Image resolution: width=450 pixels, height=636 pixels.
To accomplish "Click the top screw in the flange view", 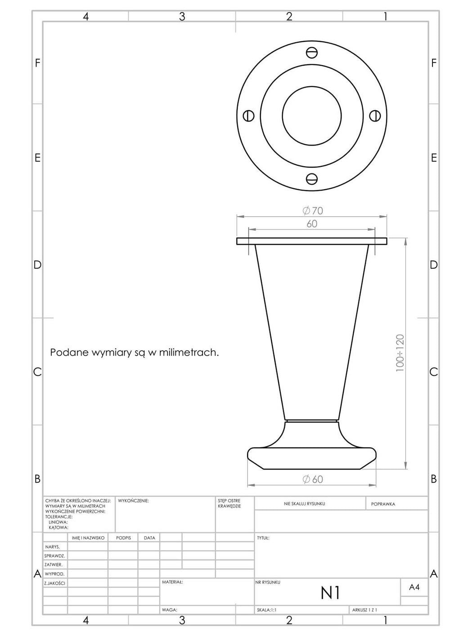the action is click(311, 53).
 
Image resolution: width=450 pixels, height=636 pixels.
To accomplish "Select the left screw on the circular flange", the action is click(249, 116).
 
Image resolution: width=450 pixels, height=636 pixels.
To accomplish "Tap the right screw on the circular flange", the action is click(375, 116).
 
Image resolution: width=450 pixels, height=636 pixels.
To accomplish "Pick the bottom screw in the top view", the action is click(311, 178).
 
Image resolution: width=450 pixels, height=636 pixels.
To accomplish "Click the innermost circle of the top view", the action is click(311, 86).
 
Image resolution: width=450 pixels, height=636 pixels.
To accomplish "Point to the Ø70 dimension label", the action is click(312, 211).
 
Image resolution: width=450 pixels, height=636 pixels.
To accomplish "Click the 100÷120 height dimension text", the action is click(400, 353).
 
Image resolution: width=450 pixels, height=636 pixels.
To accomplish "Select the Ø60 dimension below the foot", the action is click(312, 479).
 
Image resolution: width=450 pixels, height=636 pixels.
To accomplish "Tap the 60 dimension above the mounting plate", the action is click(312, 224).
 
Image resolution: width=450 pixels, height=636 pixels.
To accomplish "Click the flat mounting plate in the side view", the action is click(311, 241).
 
